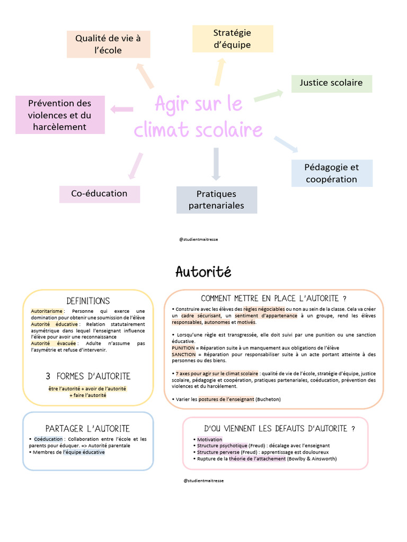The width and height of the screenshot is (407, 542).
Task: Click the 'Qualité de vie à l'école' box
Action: [x=108, y=44]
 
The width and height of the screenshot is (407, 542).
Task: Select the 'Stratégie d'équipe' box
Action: [x=232, y=39]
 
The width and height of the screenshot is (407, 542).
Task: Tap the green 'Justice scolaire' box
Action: [x=331, y=83]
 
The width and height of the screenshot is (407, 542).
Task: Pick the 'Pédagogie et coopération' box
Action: [x=331, y=173]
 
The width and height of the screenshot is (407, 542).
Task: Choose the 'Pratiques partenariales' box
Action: [x=216, y=200]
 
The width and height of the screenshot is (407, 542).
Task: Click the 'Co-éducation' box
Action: [x=99, y=194]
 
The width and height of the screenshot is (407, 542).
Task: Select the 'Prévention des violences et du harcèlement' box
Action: [x=60, y=115]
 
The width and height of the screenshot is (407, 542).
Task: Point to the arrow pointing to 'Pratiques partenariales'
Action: [x=216, y=164]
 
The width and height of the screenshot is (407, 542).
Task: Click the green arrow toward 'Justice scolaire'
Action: [x=269, y=95]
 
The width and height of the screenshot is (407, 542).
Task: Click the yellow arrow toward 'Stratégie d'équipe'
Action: [x=219, y=71]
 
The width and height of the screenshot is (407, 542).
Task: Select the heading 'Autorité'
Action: [x=203, y=272]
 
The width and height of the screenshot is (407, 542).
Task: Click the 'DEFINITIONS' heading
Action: [x=88, y=301]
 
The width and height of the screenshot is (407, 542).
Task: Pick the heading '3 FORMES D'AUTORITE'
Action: [x=88, y=376]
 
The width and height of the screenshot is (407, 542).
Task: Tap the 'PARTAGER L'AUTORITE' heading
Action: [x=88, y=428]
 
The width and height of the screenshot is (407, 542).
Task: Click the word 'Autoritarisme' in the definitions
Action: [x=47, y=311]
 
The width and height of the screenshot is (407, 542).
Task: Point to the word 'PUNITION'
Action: [x=183, y=347]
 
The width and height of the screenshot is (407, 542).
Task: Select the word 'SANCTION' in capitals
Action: [x=184, y=354]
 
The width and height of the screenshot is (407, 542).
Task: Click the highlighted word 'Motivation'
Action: [x=209, y=440]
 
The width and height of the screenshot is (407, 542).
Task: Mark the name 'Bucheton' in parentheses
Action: [x=268, y=399]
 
